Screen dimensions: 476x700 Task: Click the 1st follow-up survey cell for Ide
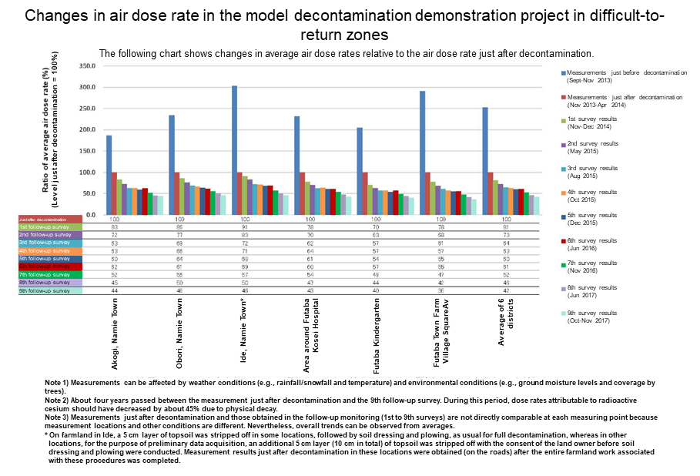244,226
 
